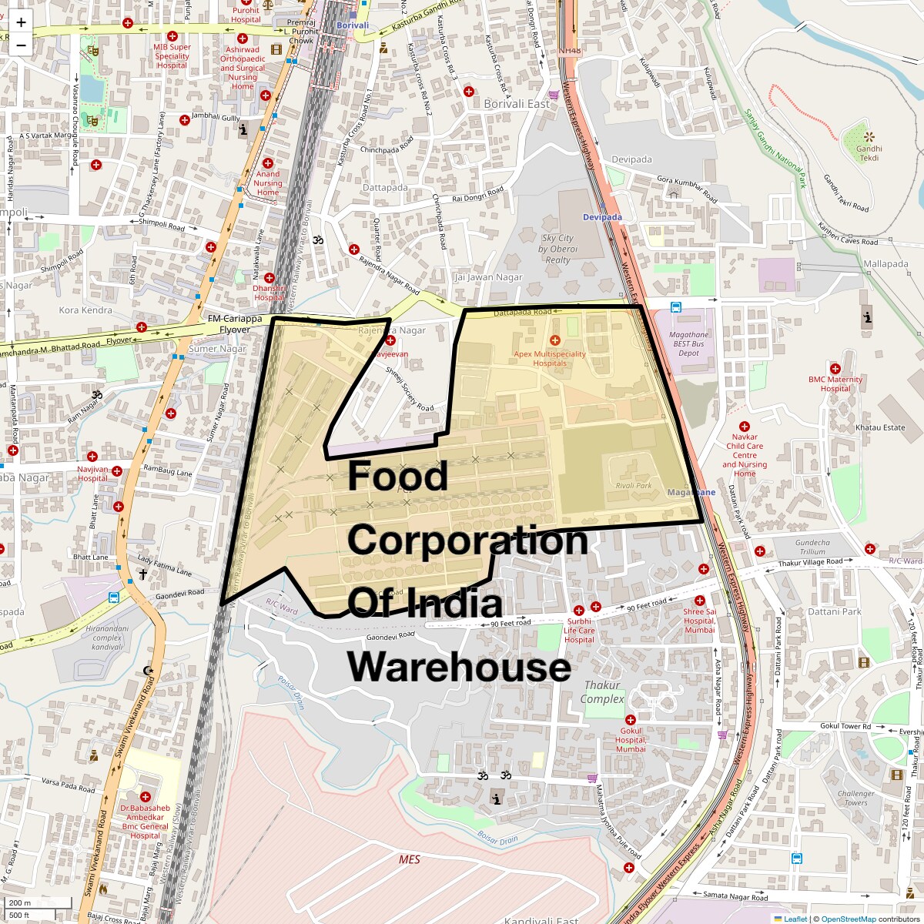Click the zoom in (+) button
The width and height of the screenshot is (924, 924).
[21, 22]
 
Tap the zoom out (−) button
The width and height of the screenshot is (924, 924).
[21, 45]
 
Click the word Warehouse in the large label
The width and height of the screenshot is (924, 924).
[459, 666]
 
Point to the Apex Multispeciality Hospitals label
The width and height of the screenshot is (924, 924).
[550, 358]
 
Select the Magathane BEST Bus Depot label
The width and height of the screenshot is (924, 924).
[688, 344]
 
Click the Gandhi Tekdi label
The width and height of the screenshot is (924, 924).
[869, 153]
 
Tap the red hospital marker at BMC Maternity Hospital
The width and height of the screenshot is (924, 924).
[835, 369]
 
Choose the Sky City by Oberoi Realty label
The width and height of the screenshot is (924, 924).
[557, 249]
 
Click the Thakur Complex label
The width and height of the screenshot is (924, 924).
[602, 691]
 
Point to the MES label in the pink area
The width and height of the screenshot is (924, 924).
[410, 859]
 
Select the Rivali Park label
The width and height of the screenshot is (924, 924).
[633, 486]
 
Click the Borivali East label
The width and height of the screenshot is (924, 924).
[517, 103]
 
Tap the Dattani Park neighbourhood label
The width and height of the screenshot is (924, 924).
[835, 611]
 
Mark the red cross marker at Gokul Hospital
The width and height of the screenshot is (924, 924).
[630, 720]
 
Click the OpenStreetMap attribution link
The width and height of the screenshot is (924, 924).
[849, 919]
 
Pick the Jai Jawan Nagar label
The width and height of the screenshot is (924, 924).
[488, 277]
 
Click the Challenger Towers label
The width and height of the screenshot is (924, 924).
[855, 798]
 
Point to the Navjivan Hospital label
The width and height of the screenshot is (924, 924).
[92, 473]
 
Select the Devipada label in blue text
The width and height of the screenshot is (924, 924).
[602, 217]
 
